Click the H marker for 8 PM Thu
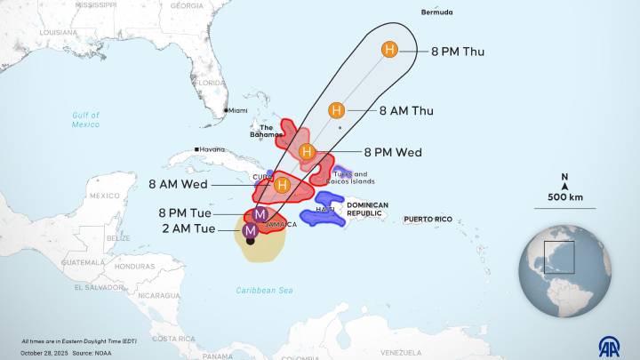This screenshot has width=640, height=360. click(389, 50)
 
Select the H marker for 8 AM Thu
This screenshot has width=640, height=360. click(336, 110)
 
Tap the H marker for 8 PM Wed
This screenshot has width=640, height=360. click(307, 152)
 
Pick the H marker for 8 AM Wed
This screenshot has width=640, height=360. click(283, 185)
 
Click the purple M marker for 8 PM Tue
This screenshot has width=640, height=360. click(260, 214)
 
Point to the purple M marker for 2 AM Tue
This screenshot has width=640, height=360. click(250, 230)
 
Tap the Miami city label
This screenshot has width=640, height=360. click(238, 110)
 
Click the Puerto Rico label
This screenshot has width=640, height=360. click(428, 219)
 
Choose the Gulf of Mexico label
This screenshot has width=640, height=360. click(86, 120)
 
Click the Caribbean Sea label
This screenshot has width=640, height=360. click(264, 291)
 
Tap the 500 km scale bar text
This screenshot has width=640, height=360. click(565, 197)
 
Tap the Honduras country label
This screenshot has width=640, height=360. click(134, 266)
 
